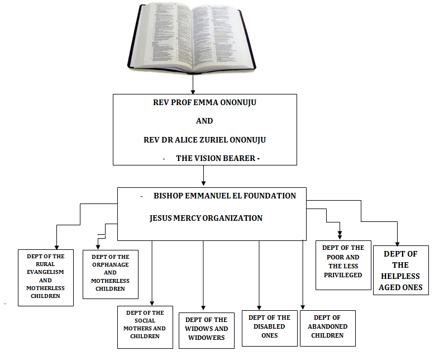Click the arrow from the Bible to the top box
193,84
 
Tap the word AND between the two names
204,121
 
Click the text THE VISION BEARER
217,158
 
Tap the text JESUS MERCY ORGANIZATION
206,218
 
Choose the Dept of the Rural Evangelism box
46,276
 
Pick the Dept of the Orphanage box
110,273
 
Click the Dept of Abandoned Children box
327,326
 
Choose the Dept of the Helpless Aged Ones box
400,270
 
